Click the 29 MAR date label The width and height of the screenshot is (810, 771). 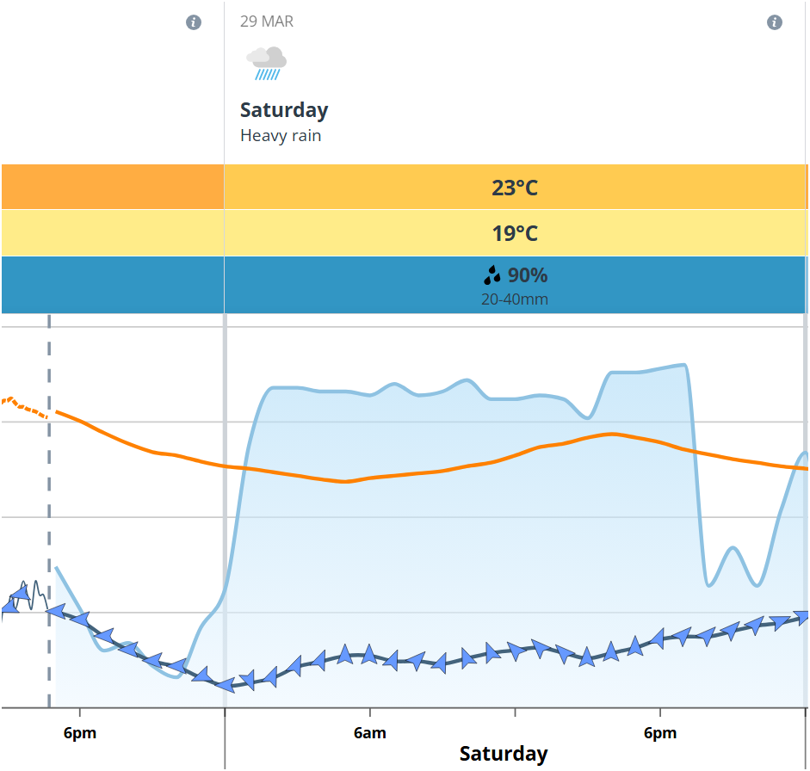[x=267, y=22]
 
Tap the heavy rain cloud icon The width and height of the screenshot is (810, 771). [x=267, y=64]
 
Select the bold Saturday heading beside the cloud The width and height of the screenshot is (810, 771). [x=284, y=110]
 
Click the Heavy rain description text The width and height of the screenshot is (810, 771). [x=281, y=136]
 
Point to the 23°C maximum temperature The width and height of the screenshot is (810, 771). [x=515, y=188]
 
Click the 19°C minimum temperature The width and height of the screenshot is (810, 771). [x=515, y=233]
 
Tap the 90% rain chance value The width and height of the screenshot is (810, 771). [x=527, y=276]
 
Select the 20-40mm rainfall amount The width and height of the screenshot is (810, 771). [x=515, y=299]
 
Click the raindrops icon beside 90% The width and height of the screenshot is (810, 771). [x=492, y=275]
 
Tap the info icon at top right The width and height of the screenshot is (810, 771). [x=775, y=22]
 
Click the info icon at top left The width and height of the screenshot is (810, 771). [x=194, y=22]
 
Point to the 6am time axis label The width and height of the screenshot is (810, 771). [x=370, y=733]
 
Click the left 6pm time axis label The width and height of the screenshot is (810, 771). [x=80, y=733]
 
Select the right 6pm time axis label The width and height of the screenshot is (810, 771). [x=660, y=733]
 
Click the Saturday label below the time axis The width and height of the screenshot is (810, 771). [x=504, y=754]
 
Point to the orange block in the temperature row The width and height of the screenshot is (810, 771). [x=112, y=188]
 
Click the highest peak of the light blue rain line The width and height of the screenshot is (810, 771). [x=683, y=365]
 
